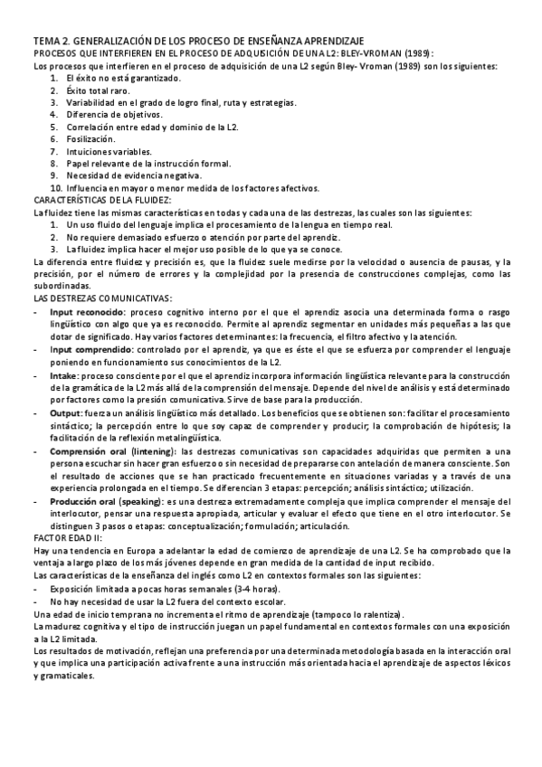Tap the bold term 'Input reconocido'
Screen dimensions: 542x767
pos(89,311)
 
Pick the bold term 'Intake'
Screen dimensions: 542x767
pos(63,372)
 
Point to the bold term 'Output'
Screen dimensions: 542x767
pos(66,410)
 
